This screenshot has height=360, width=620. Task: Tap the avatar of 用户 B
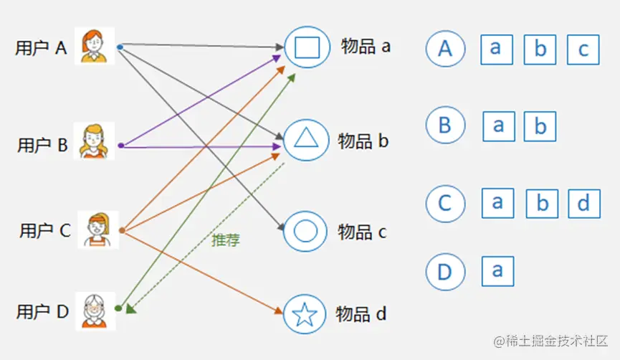[x=96, y=141]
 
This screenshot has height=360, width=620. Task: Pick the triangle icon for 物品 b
[x=306, y=139]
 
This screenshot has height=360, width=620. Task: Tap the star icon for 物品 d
[x=305, y=314]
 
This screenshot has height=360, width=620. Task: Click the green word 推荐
[x=226, y=240]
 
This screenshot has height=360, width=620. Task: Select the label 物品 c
[x=362, y=232]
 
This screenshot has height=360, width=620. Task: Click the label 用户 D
[x=43, y=312]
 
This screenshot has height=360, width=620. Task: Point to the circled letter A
[x=445, y=49]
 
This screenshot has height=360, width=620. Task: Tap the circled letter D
[x=445, y=272]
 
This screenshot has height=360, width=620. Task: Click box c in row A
[x=583, y=49]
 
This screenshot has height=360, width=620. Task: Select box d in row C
[x=583, y=204]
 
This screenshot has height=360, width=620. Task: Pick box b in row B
[x=540, y=127]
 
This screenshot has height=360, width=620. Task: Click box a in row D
[x=497, y=271]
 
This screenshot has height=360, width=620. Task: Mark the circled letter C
[x=445, y=204]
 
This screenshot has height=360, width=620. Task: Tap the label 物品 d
[x=361, y=313]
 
